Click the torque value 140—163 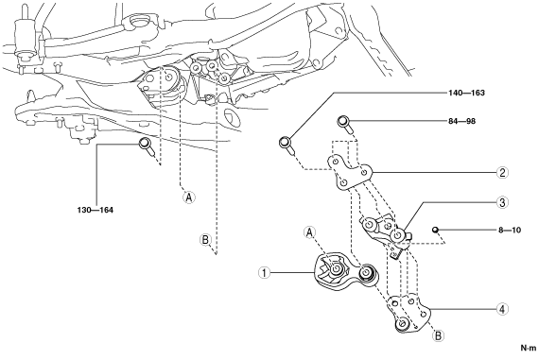coord(466,93)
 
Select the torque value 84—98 coord(461,121)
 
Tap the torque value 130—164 coord(95,210)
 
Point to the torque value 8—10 coord(510,230)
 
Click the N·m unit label coord(529,348)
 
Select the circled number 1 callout coord(264,273)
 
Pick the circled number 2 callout coord(502,173)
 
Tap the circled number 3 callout coord(502,202)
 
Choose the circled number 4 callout coord(502,309)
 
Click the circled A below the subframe coord(189,197)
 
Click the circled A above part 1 coord(309,232)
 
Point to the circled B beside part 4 coord(439,335)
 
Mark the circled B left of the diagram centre coord(205,240)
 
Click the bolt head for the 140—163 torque coord(285,143)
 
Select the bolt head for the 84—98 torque coord(342,122)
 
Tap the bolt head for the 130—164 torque coord(145,144)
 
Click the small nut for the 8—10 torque coord(435,230)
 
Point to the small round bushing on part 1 coord(366,272)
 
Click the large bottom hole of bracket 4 coord(402,324)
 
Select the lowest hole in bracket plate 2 coord(343,183)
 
